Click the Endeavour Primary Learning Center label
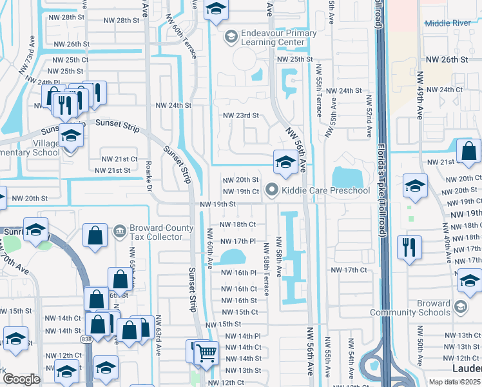[269, 37]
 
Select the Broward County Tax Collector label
[161, 232]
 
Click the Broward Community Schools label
[410, 308]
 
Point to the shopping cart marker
[206, 353]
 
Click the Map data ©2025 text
[455, 382]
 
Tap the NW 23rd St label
[240, 115]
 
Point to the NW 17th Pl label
[238, 241]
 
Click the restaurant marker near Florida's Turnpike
[410, 248]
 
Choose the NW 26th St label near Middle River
[446, 59]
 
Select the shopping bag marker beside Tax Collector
[95, 237]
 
